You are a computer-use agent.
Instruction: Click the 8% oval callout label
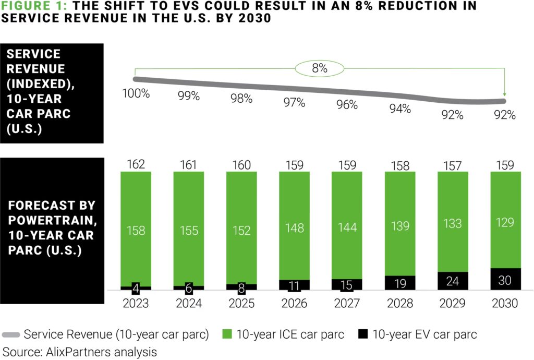320,68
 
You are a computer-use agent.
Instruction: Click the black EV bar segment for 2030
505,279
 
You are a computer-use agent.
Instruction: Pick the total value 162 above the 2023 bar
136,164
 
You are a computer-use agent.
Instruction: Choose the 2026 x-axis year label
294,303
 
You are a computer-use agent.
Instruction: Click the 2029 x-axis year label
452,303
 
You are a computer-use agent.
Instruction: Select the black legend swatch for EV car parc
364,334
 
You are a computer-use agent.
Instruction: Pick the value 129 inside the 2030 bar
505,223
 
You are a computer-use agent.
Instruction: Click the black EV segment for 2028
399,283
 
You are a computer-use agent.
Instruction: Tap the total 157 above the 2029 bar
452,165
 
